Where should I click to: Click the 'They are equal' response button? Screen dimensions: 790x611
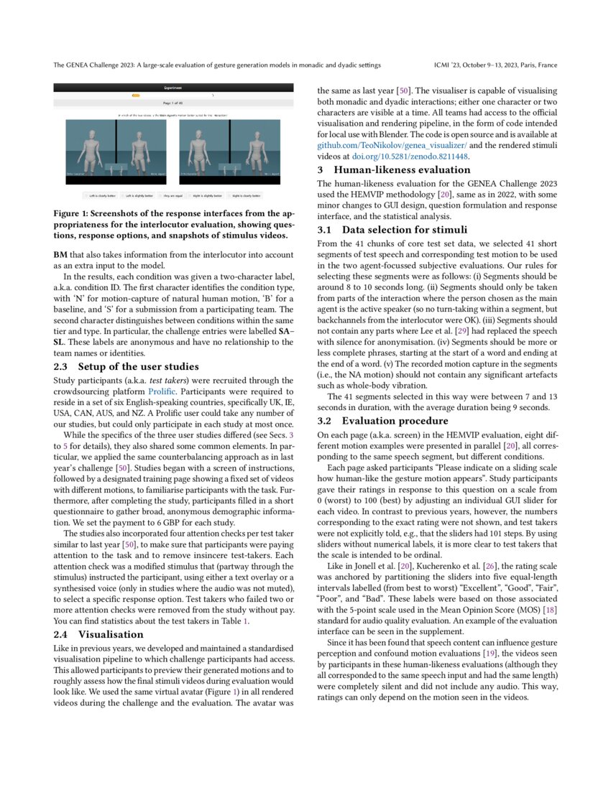click(173, 195)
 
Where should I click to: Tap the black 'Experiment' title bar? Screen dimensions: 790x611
click(173, 88)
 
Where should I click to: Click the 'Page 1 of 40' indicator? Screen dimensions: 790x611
click(173, 103)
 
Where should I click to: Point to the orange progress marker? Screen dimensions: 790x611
click(136, 96)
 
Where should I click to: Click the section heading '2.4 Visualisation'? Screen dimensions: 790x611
click(98, 634)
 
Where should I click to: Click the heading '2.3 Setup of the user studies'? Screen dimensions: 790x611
click(118, 366)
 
